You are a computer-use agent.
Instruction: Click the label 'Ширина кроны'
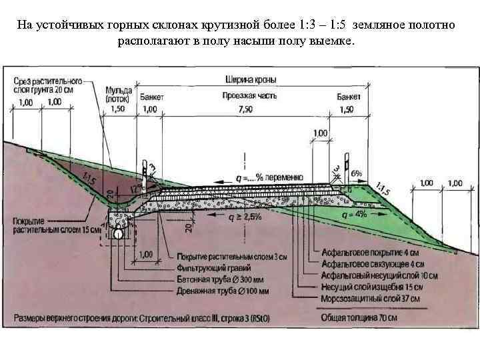pyautogui.click(x=250, y=80)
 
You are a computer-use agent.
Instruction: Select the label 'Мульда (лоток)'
pyautogui.click(x=119, y=95)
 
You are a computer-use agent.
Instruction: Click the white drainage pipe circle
pyautogui.click(x=119, y=234)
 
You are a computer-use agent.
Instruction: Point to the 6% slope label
pyautogui.click(x=357, y=174)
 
